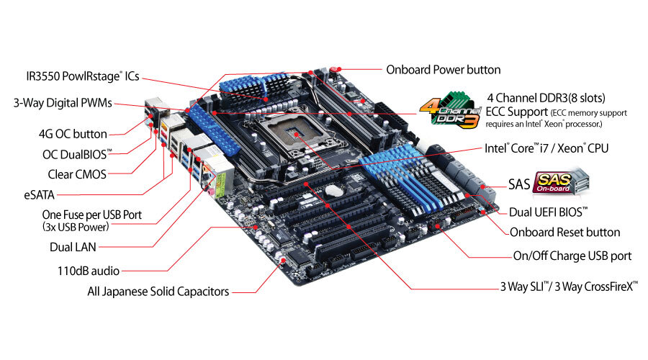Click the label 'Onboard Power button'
pyautogui.click(x=443, y=70)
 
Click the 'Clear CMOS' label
pyautogui.click(x=74, y=173)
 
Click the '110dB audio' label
pyautogui.click(x=87, y=271)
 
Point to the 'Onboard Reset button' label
pyautogui.click(x=564, y=233)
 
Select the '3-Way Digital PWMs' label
pyautogui.click(x=63, y=103)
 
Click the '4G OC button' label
pyautogui.click(x=73, y=134)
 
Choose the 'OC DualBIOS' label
pyautogui.click(x=78, y=153)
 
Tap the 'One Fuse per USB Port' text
pyautogui.click(x=91, y=215)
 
